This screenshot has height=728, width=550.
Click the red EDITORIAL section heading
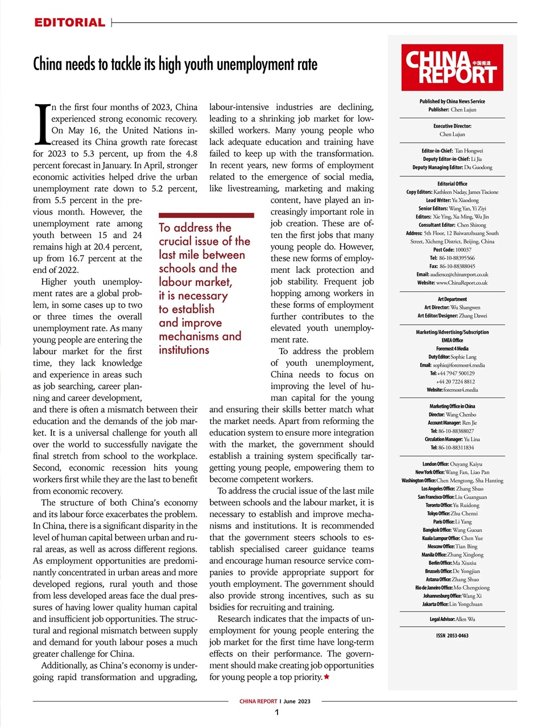pyautogui.click(x=69, y=23)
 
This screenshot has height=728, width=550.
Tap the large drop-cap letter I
pyautogui.click(x=42, y=123)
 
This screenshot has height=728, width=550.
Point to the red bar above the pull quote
pyautogui.click(x=206, y=216)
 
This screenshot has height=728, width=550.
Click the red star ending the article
pyautogui.click(x=326, y=677)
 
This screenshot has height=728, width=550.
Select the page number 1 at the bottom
pyautogui.click(x=276, y=713)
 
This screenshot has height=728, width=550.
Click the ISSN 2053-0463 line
pyautogui.click(x=452, y=636)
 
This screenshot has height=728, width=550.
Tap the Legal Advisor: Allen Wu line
pyautogui.click(x=452, y=619)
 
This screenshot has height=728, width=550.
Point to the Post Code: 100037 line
pyautogui.click(x=452, y=250)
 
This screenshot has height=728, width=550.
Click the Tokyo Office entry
pyautogui.click(x=452, y=513)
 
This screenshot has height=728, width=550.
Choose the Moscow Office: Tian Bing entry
pyautogui.click(x=452, y=546)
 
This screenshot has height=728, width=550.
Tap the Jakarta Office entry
pyautogui.click(x=452, y=604)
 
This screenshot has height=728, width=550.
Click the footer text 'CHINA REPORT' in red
pyautogui.click(x=258, y=701)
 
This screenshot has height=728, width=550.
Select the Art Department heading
pyautogui.click(x=452, y=299)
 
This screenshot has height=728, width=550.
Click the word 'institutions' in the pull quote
pyautogui.click(x=184, y=350)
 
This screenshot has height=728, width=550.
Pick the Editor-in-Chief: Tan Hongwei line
pyautogui.click(x=452, y=151)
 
